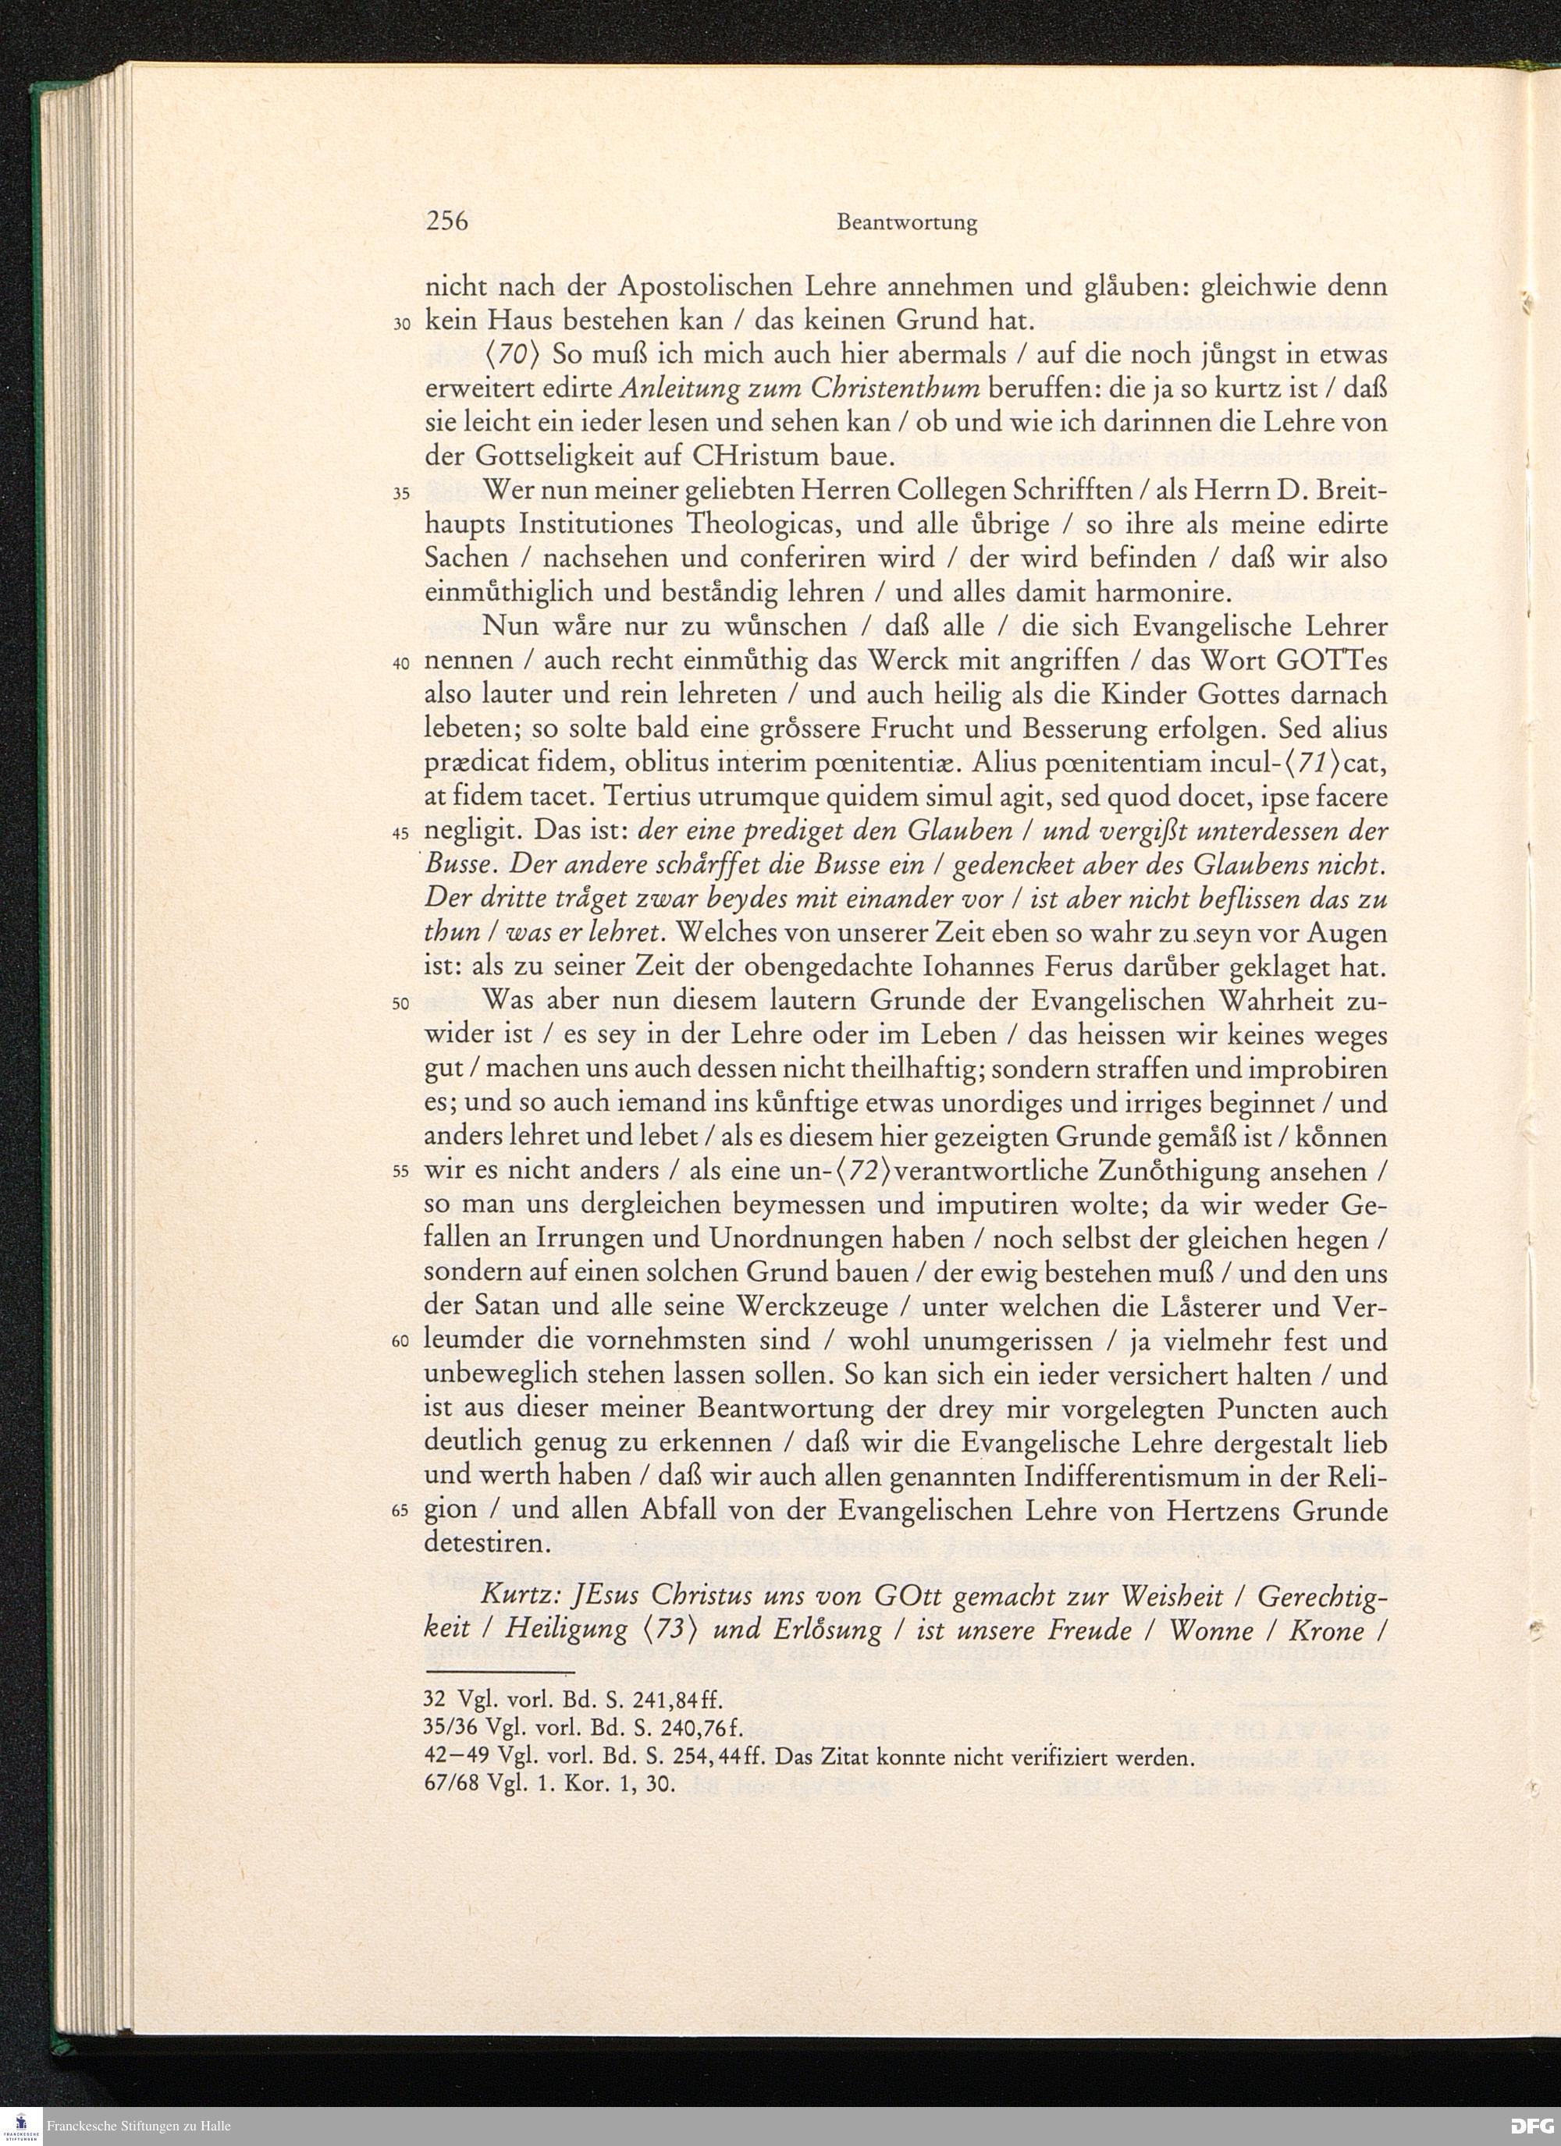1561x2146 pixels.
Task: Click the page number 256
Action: (446, 222)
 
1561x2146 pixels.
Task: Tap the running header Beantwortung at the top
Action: (906, 223)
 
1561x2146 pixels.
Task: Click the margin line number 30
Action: (400, 323)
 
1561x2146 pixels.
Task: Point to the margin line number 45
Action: (400, 835)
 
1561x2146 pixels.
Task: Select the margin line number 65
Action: (400, 1511)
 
